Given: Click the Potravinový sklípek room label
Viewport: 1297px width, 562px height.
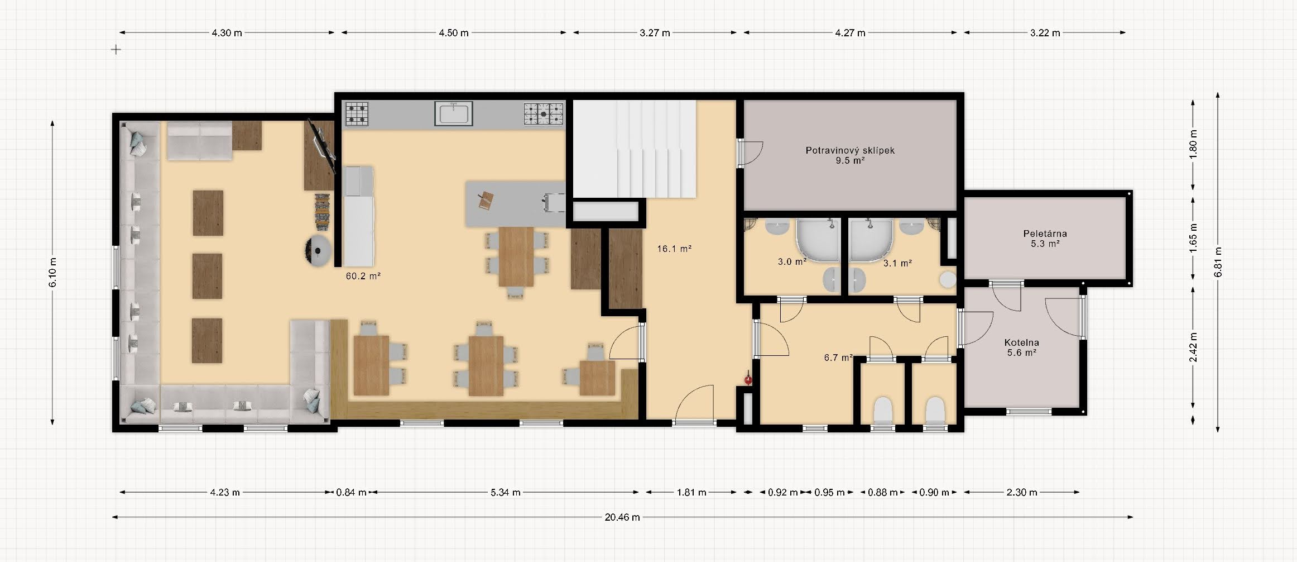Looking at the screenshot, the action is pos(850,150).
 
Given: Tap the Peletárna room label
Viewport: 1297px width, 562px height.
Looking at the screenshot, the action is pos(1045,234).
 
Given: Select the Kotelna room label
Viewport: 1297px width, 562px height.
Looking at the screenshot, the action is pos(1021,342).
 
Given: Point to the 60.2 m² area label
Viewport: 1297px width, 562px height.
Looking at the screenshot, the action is pos(363,276).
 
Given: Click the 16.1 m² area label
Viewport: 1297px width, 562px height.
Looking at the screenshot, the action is pos(674,249).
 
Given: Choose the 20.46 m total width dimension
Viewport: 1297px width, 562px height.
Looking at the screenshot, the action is pos(622,517).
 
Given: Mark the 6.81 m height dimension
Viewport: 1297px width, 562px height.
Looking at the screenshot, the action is pos(1218,261).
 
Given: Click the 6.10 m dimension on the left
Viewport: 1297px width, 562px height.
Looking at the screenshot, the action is pos(52,273).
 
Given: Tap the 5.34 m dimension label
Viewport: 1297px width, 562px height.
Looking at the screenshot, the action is pos(506,492).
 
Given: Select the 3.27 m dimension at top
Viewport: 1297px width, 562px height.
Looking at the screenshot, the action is pos(655,33).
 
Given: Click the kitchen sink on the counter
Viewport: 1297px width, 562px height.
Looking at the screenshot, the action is pos(454,113).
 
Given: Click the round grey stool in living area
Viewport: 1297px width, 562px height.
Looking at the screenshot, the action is pos(319,251).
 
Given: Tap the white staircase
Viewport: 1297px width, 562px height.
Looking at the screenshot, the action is pos(635,149).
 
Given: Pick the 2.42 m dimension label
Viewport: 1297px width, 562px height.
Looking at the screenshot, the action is pos(1193,347).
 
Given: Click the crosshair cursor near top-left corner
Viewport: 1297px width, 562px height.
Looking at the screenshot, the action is pos(116,50).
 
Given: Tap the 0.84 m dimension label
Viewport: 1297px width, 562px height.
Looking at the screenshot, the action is pos(351,492).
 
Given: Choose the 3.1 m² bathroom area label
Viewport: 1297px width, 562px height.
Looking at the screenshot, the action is pos(897,263).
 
